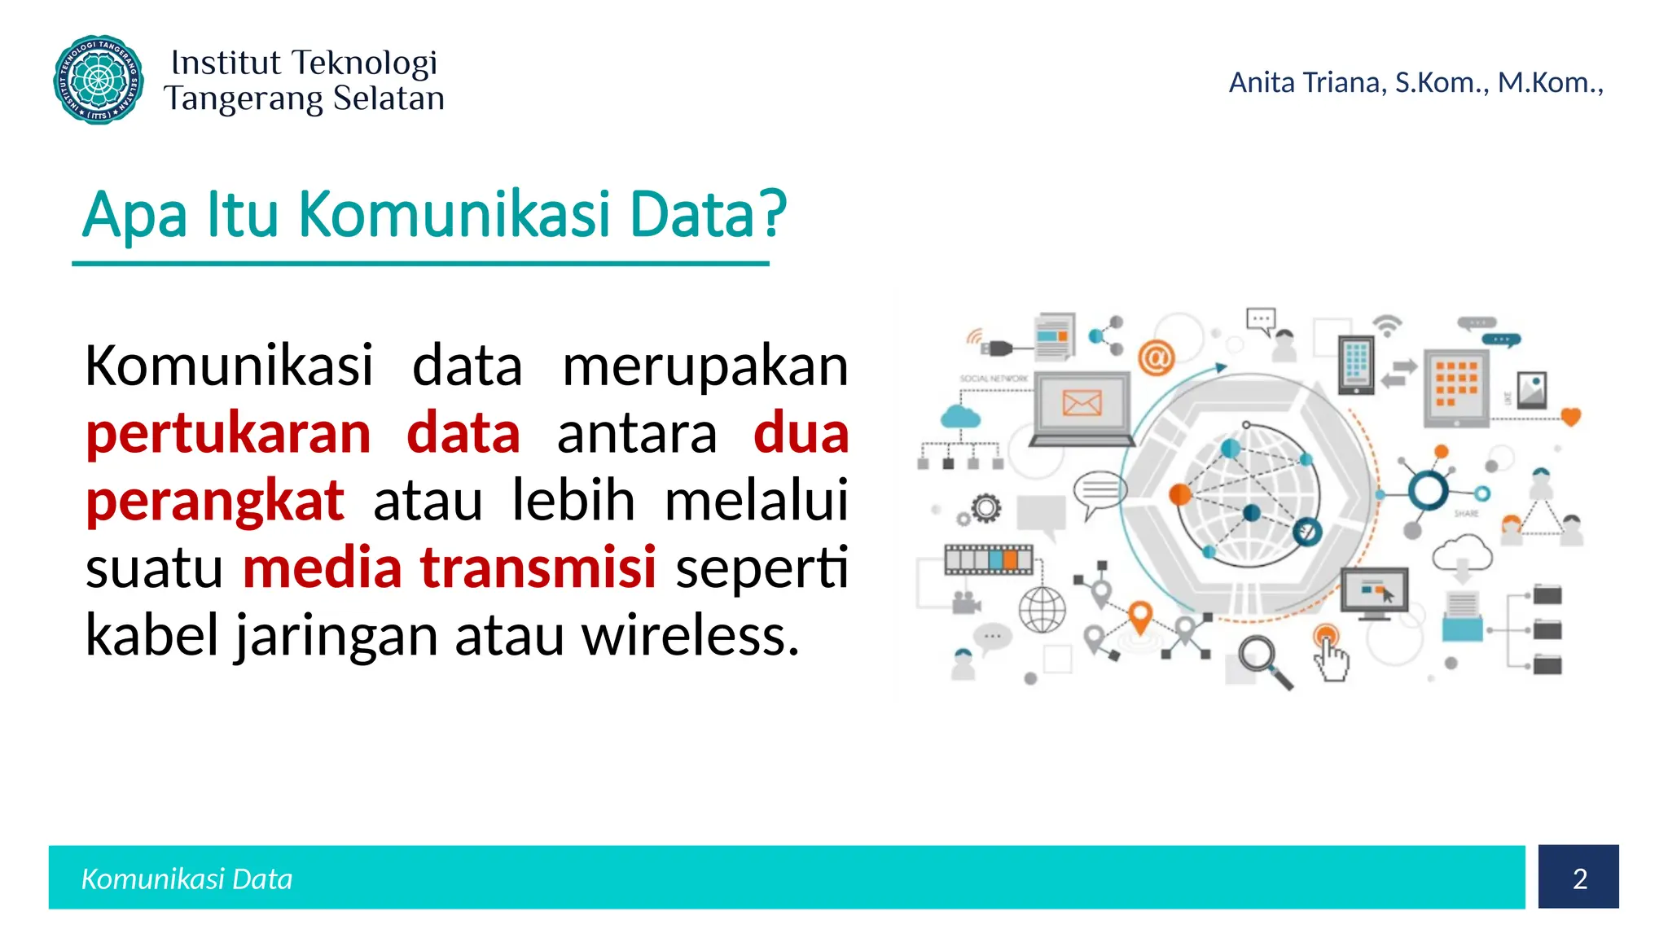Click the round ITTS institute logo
[x=99, y=80]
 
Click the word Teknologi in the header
[x=364, y=63]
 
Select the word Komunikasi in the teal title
[x=454, y=214]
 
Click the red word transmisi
[x=538, y=567]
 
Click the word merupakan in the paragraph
[x=705, y=366]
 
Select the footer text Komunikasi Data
[x=187, y=879]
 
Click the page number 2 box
[x=1578, y=877]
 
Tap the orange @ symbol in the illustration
[x=1156, y=357]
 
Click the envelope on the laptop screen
[x=1082, y=402]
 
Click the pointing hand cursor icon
[x=1331, y=657]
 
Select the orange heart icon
[x=1570, y=417]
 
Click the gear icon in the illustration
[x=985, y=508]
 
